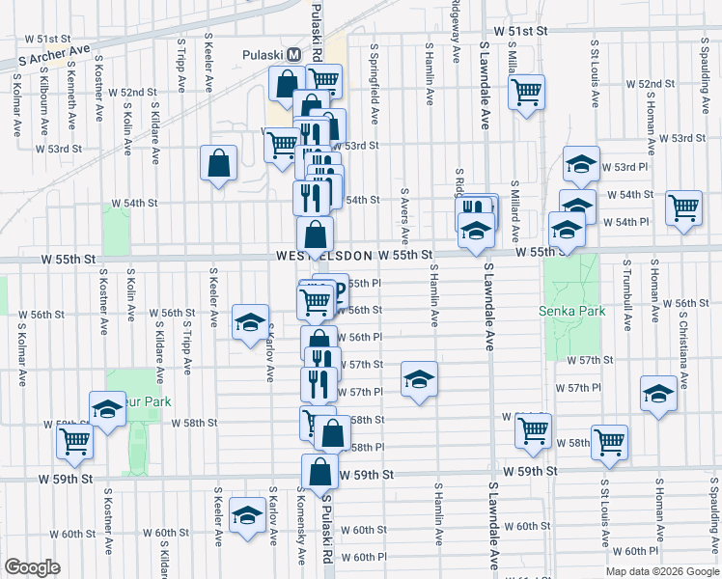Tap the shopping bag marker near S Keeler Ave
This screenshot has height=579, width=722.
click(x=219, y=163)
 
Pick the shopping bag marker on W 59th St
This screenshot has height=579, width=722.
click(x=320, y=473)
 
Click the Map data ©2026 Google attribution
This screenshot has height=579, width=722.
click(x=662, y=570)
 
